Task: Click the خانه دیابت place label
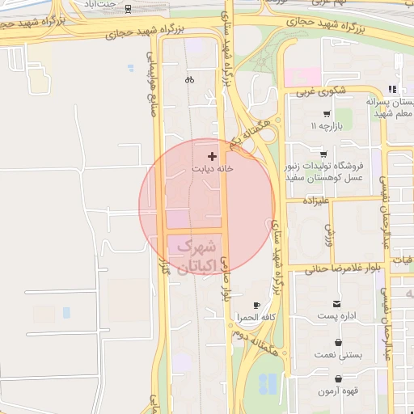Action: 213,169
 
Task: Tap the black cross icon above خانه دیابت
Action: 213,155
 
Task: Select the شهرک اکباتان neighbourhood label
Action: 195,256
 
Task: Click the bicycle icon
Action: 189,79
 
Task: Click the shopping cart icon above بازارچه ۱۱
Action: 327,114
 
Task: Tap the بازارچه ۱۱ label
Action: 327,128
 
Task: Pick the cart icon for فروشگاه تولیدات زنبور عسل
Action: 323,154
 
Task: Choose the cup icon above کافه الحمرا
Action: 256,305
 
